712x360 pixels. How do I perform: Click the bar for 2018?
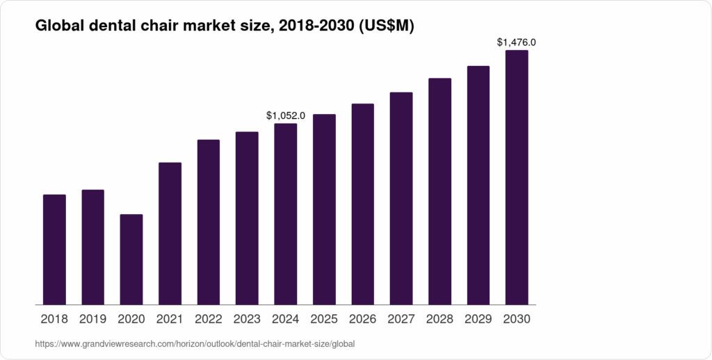point(54,249)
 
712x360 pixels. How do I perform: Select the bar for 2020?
point(131,259)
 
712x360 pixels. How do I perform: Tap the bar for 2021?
point(170,234)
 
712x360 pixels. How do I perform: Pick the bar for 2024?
point(286,214)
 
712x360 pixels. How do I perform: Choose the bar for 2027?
point(401,198)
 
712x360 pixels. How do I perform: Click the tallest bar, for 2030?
point(517,177)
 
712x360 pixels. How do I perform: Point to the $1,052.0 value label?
point(286,115)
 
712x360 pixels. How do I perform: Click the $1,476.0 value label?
point(517,42)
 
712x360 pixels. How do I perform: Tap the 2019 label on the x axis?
point(93,320)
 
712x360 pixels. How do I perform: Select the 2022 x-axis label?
point(209,320)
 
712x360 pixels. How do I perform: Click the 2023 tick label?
point(247,320)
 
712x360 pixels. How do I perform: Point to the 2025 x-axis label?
point(324,320)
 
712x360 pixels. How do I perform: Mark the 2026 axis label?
point(363,320)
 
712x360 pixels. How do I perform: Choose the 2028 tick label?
point(439,320)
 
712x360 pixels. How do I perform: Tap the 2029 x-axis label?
point(478,320)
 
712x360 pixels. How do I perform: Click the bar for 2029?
point(478,185)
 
